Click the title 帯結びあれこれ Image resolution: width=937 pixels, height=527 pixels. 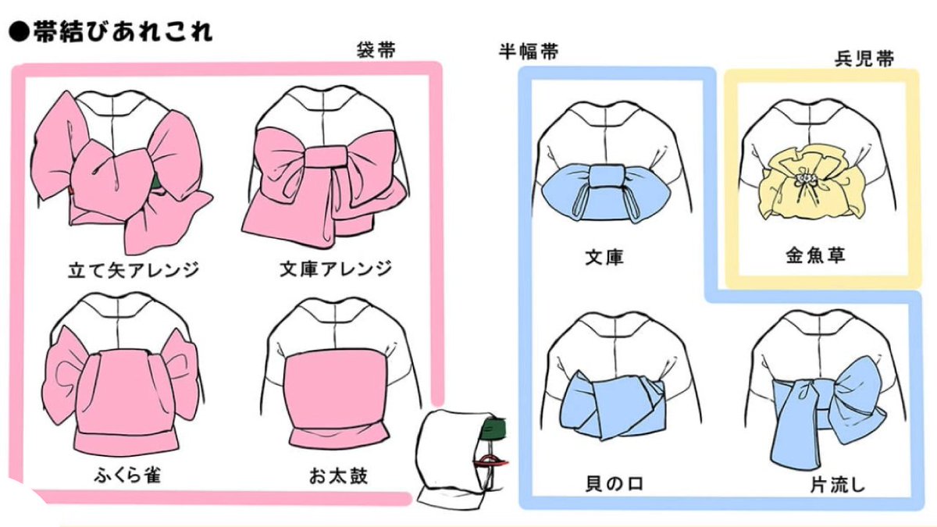coord(121,32)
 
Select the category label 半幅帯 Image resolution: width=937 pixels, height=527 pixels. coord(529,52)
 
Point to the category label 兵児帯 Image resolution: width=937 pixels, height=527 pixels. coord(864,59)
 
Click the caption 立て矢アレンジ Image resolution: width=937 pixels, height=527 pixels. coord(133,270)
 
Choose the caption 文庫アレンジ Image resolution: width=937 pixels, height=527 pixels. coord(335,269)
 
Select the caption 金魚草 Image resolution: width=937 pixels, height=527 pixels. coord(815,255)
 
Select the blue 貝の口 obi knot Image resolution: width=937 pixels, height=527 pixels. coord(614,403)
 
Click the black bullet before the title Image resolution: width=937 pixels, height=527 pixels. coord(18,33)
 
